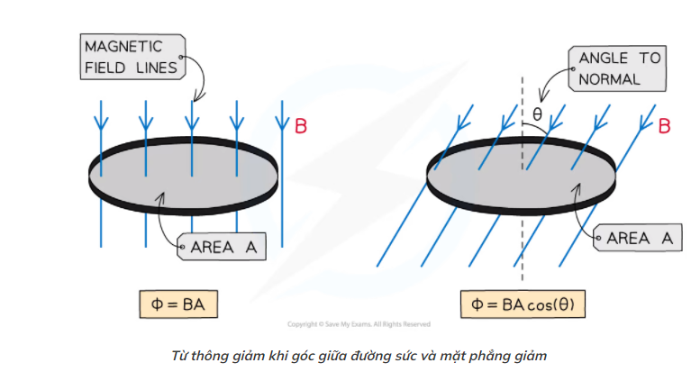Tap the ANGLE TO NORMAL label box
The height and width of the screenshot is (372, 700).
tap(620, 68)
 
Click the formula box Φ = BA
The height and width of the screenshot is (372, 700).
tap(178, 304)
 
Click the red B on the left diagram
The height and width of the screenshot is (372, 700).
tap(302, 126)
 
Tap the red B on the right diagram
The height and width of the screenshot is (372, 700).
tap(664, 126)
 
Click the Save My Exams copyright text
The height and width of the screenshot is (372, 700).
tap(359, 324)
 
